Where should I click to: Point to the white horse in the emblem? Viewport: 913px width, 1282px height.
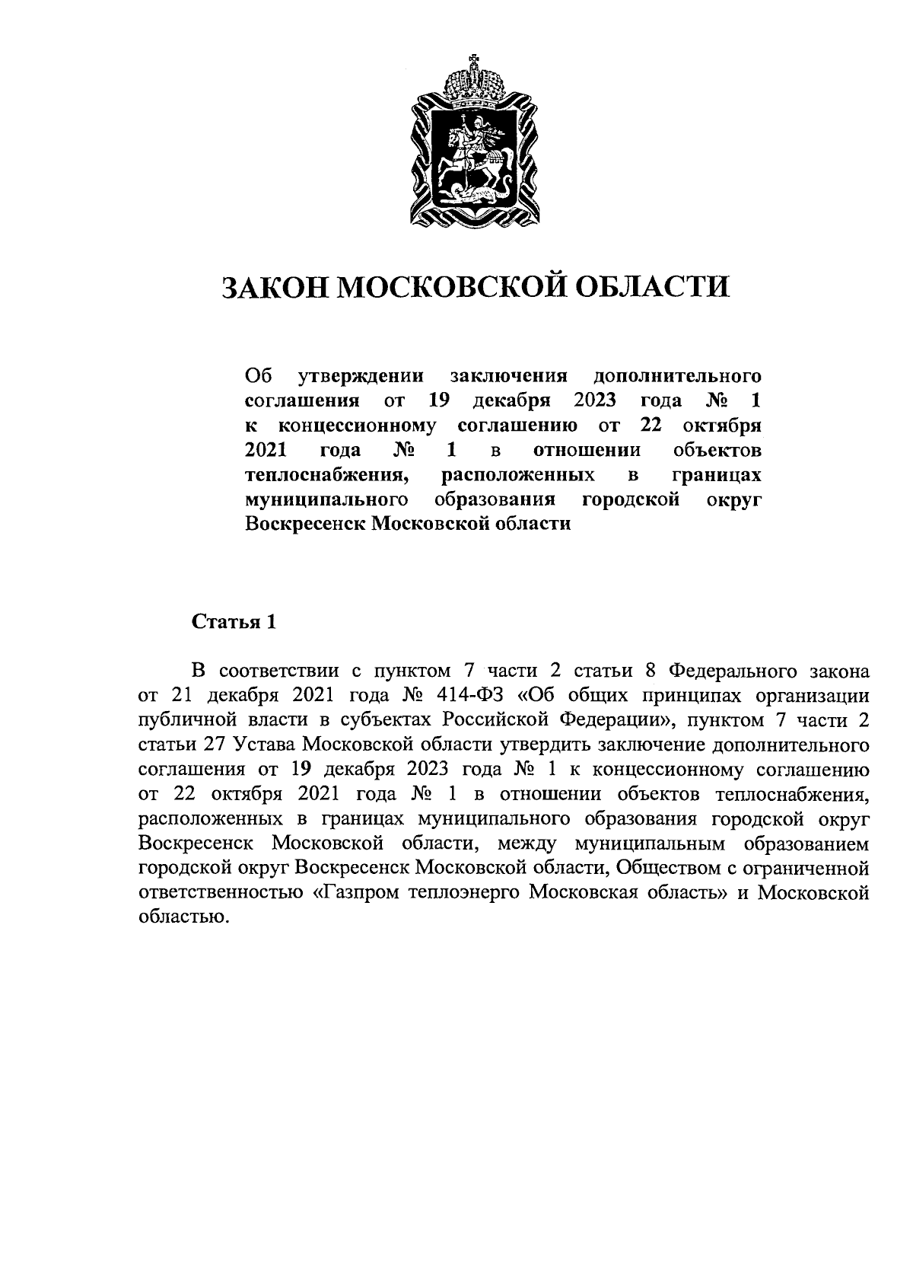tap(468, 148)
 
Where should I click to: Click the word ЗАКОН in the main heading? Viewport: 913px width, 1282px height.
tap(273, 288)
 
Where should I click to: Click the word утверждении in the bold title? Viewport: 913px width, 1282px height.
tap(362, 376)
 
